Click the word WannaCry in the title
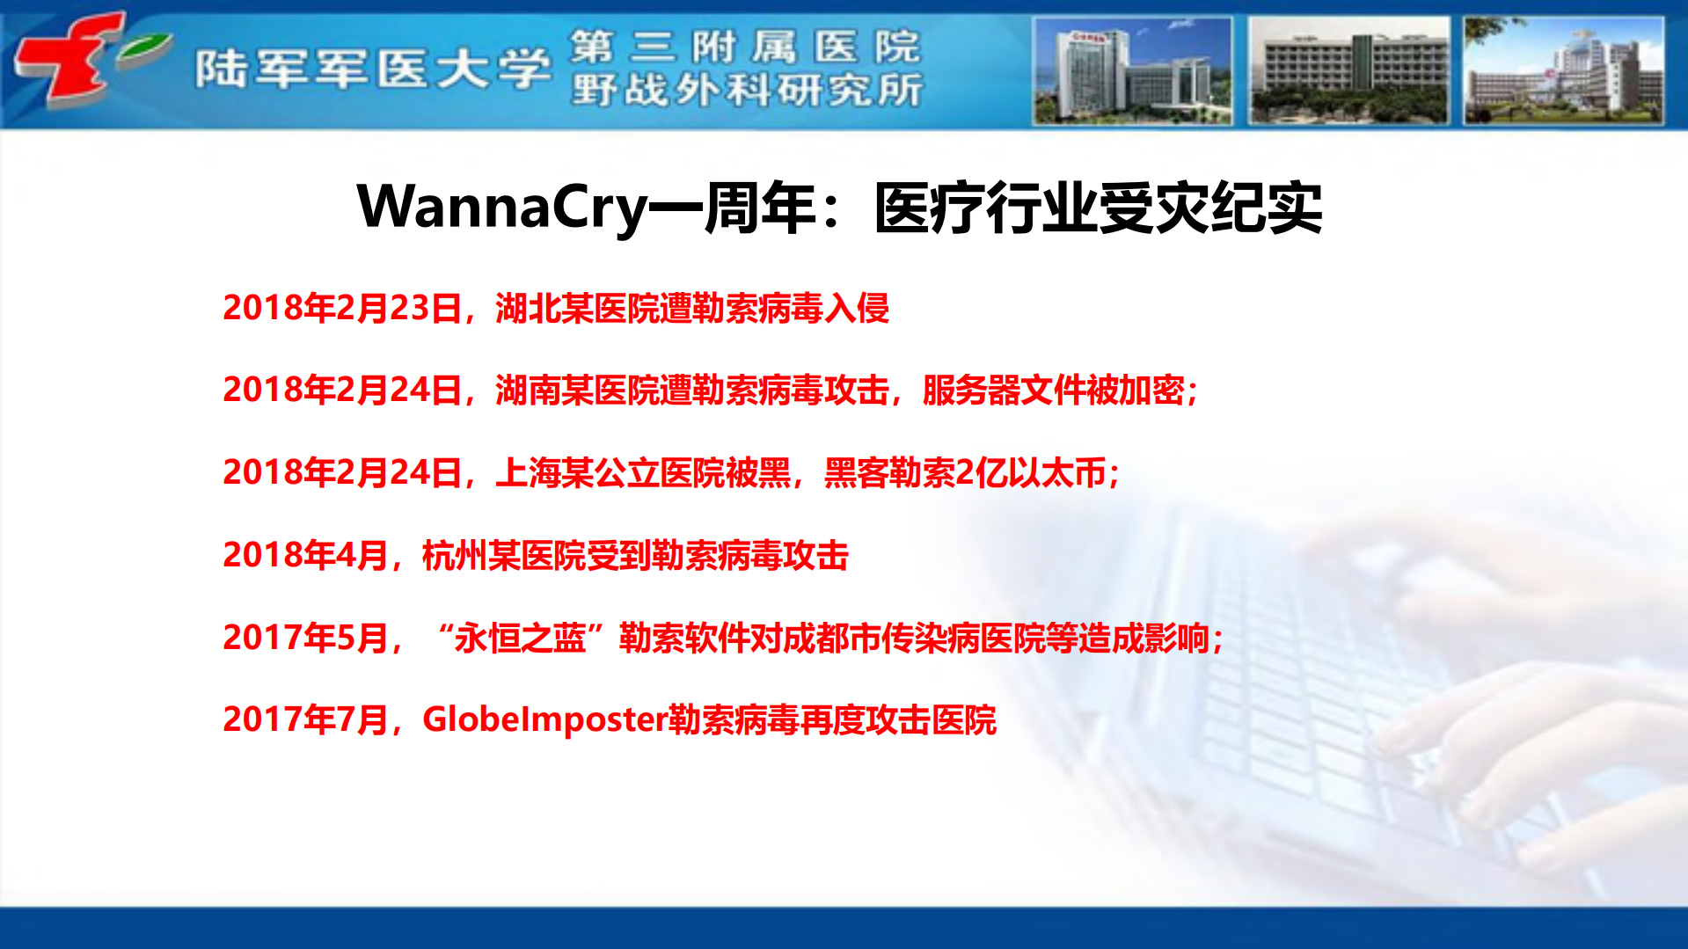click(501, 208)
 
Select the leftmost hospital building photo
click(1132, 70)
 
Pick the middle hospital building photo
click(1348, 70)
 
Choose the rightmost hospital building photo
click(1563, 70)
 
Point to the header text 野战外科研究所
click(747, 90)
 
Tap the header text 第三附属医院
click(745, 46)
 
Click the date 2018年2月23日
click(342, 308)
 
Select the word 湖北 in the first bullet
click(528, 308)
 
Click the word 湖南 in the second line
click(528, 390)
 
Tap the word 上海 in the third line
click(528, 472)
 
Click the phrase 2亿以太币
click(1030, 472)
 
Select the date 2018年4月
click(305, 555)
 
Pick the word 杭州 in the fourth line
click(454, 555)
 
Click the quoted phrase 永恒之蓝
click(520, 638)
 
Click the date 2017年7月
click(305, 719)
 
